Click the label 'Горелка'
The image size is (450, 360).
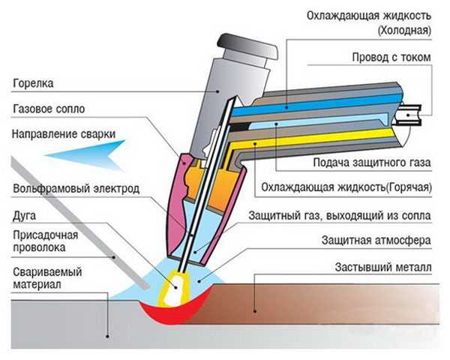coord(33,83)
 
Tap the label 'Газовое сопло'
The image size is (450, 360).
coord(49,109)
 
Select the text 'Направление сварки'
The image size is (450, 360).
coord(64,134)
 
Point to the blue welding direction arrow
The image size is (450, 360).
coord(86,155)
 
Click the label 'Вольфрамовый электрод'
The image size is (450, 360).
coord(76,189)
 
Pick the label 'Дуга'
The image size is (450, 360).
coord(25,216)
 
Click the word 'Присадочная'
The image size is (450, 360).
coord(46,235)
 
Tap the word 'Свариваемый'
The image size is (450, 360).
coord(47,272)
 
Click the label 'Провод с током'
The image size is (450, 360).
coord(391,57)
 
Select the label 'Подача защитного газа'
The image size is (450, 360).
coord(372,163)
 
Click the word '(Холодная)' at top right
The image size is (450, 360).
coord(404,30)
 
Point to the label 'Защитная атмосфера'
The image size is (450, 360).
coord(376,240)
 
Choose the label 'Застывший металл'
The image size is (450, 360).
coord(383,268)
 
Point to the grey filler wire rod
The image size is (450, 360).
coord(79,223)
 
